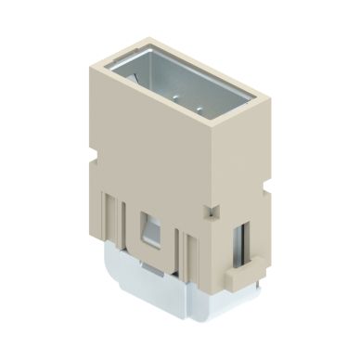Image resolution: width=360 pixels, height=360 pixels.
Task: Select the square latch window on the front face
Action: (149, 227)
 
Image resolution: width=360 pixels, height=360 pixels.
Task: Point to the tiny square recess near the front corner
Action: (211, 212)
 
